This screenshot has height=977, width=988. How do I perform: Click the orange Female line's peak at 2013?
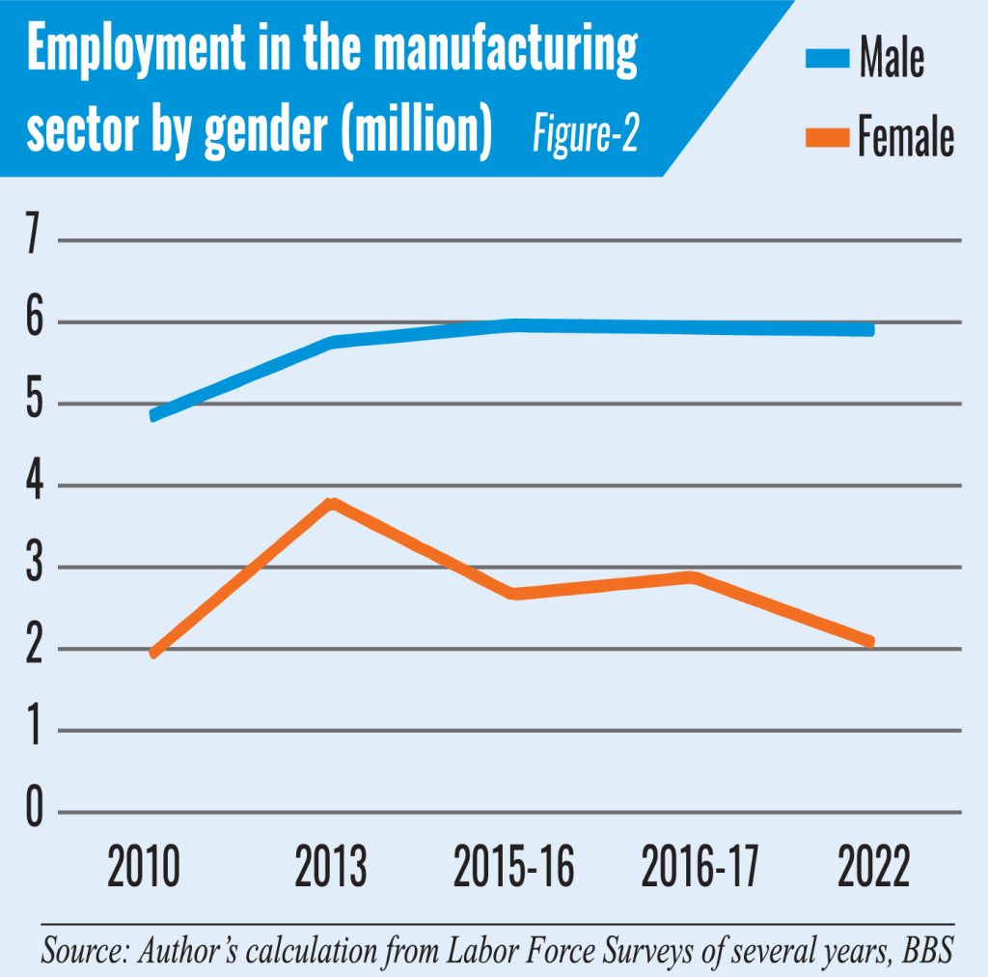(x=332, y=503)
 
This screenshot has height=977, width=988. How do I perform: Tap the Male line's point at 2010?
(x=154, y=415)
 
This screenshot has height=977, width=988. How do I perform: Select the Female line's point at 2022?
(x=871, y=642)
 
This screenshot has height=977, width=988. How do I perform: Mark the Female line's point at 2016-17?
(x=692, y=577)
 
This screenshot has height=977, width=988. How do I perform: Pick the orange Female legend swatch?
(x=826, y=139)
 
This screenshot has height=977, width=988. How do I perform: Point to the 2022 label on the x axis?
(x=872, y=867)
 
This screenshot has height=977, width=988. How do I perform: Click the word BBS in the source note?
(x=928, y=950)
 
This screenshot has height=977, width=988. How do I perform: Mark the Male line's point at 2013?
(x=332, y=342)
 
